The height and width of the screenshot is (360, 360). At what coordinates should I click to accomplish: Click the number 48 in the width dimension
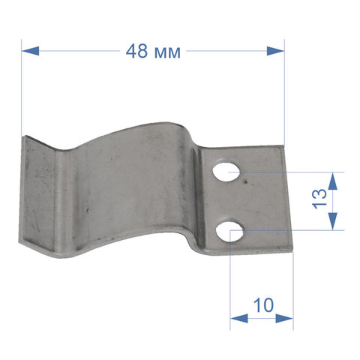[x=136, y=51]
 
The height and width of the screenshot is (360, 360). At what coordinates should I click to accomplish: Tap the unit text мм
[x=167, y=53]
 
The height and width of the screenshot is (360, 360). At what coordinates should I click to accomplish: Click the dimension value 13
[x=319, y=199]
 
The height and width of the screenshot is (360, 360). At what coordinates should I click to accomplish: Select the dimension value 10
[x=263, y=305]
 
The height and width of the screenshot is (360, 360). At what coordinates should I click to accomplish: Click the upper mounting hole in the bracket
[x=226, y=172]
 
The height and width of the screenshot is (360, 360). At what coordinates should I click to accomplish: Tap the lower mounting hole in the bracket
[x=229, y=230]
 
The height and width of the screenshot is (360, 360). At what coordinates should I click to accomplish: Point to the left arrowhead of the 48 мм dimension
[x=30, y=51]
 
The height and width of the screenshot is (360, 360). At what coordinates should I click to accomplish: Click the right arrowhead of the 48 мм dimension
[x=275, y=51]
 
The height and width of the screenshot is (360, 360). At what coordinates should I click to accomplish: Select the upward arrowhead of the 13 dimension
[x=332, y=181]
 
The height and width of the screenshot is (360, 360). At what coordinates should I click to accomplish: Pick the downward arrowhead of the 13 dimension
[x=332, y=221]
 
